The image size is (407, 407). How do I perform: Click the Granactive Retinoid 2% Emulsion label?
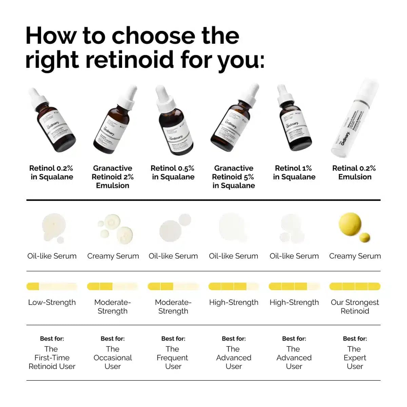(113, 177)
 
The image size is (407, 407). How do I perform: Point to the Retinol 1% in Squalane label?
(294, 172)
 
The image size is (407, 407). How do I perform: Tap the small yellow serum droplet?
(365, 237)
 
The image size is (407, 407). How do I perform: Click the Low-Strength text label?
(52, 302)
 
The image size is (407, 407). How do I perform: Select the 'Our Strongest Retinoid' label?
(355, 307)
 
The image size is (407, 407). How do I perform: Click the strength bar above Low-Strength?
(52, 287)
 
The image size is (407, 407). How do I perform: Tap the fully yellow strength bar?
(355, 287)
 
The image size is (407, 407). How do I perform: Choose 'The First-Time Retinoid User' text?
(52, 357)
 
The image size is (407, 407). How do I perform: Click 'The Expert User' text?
(355, 357)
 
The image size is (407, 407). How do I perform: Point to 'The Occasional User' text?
(113, 357)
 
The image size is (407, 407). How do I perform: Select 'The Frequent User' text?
(173, 357)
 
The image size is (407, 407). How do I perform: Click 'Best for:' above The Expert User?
(355, 338)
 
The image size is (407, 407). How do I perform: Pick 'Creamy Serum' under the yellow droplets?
(355, 256)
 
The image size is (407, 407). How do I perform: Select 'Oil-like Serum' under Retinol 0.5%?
(173, 256)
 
